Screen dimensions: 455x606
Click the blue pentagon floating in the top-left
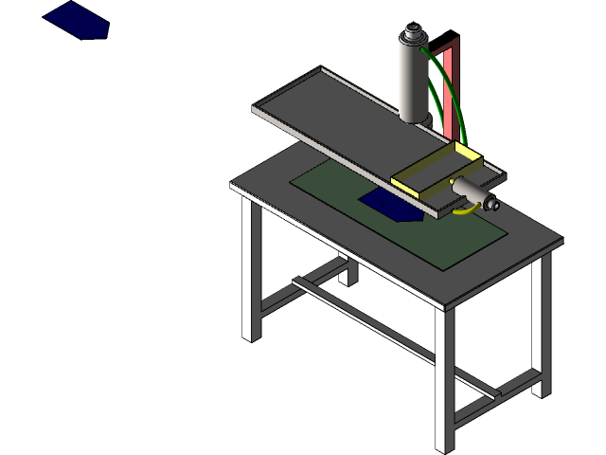pyautogui.click(x=76, y=20)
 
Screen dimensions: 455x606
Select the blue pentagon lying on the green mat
pyautogui.click(x=391, y=205)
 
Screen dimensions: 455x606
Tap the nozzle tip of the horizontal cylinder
pyautogui.click(x=493, y=202)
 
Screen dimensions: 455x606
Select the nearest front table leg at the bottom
pyautogui.click(x=444, y=379)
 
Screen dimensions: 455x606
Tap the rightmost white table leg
pyautogui.click(x=540, y=327)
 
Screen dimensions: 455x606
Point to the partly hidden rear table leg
pyautogui.click(x=346, y=270)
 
